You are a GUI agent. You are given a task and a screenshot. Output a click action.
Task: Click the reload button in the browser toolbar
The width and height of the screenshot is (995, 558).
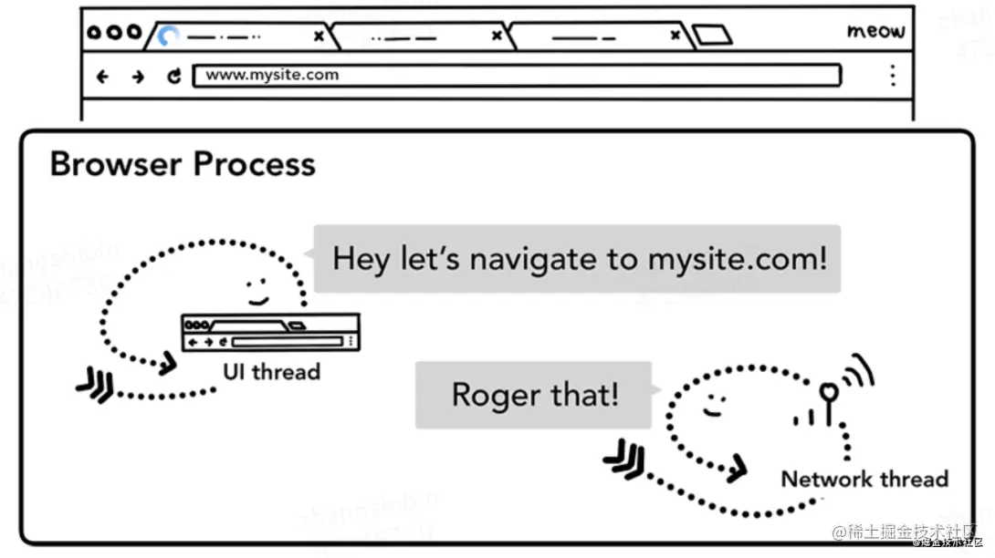173,77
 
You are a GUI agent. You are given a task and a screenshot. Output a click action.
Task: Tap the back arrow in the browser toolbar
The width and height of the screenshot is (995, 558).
102,77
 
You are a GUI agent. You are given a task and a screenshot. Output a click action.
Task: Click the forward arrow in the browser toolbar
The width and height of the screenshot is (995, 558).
138,77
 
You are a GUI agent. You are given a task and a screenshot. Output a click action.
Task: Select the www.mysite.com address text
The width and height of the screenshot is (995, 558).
272,76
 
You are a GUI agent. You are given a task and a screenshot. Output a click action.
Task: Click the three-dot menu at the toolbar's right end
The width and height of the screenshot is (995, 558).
893,76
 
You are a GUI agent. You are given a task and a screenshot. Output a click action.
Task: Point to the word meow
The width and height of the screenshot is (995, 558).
875,32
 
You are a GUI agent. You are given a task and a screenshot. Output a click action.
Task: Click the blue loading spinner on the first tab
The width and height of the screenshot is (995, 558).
168,36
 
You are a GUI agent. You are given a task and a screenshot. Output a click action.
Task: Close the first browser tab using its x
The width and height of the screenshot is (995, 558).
319,36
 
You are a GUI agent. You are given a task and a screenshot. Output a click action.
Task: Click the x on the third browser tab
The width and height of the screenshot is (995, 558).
675,36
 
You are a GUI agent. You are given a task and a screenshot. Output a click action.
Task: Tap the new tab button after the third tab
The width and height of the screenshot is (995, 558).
712,36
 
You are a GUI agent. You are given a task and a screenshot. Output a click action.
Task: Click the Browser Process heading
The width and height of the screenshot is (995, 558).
183,165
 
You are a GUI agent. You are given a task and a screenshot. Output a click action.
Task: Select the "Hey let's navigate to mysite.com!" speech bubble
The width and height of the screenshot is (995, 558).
579,259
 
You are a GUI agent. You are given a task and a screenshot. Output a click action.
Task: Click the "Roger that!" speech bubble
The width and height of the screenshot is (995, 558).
534,395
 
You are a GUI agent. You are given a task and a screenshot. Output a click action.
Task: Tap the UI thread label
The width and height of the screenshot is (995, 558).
271,372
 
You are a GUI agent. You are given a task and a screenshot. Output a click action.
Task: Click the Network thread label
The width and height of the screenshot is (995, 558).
864,479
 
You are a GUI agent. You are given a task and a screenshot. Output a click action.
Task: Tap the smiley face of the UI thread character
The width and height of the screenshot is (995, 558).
257,292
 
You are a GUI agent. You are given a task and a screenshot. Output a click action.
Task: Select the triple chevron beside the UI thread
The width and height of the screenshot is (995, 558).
95,387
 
